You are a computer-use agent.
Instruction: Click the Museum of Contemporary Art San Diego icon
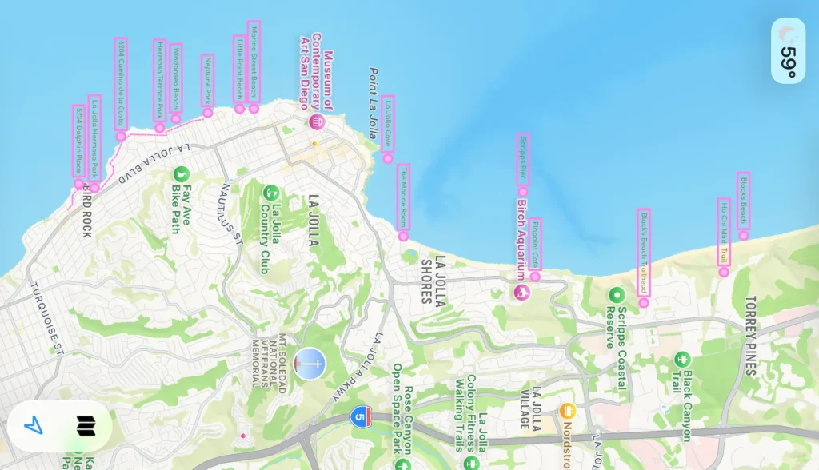[x=316, y=121]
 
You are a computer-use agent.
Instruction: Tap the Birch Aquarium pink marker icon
[x=521, y=292]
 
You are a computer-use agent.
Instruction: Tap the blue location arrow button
[x=33, y=426]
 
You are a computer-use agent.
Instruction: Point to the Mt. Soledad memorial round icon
[x=310, y=364]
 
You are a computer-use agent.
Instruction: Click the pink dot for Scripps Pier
[x=523, y=192]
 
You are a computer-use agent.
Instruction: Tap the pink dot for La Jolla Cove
[x=388, y=159]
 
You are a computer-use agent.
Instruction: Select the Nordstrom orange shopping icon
[x=568, y=411]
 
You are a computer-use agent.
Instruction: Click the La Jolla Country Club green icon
[x=271, y=193]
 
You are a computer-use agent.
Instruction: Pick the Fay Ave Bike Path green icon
[x=182, y=173]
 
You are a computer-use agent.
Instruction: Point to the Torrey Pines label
[x=749, y=336]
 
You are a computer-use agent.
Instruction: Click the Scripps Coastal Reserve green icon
[x=616, y=294]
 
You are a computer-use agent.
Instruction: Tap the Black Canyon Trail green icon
[x=681, y=359]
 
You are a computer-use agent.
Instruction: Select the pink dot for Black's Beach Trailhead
[x=644, y=302]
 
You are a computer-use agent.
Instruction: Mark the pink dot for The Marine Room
[x=404, y=237]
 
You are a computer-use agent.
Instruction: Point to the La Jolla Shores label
[x=432, y=280]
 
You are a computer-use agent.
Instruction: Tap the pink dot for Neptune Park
[x=208, y=113]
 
